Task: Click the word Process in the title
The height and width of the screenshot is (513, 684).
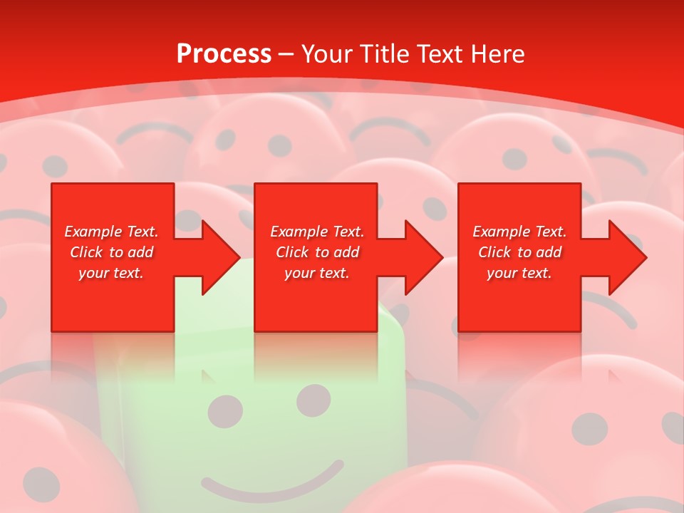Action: click(x=224, y=54)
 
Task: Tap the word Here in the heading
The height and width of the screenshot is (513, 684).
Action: click(x=497, y=54)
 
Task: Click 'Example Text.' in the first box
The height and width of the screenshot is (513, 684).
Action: click(x=111, y=232)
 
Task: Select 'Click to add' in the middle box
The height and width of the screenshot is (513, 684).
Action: click(x=317, y=252)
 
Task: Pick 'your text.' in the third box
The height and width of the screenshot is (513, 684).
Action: click(x=519, y=273)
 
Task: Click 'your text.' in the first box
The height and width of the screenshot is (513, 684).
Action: click(x=111, y=273)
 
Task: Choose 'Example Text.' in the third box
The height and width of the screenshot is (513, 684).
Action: click(x=519, y=232)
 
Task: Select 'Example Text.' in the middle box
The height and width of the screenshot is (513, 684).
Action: click(x=317, y=232)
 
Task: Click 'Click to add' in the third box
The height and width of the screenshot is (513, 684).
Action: click(x=519, y=252)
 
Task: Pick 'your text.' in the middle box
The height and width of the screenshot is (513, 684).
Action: click(x=316, y=273)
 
